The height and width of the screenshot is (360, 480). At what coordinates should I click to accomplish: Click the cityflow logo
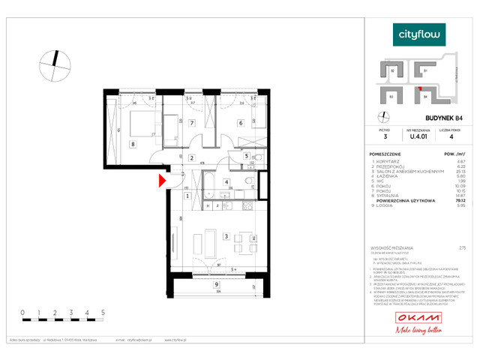tap(419, 34)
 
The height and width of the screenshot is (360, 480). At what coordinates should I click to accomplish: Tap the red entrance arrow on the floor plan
tap(161, 180)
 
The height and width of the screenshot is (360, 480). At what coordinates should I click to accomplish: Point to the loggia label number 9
tap(216, 284)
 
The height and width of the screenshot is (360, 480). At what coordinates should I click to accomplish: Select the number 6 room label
tap(241, 123)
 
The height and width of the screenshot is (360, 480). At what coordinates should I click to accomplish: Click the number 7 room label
tap(192, 123)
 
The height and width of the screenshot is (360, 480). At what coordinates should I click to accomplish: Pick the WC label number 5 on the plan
tap(247, 156)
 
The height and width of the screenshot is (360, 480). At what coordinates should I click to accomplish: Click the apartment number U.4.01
tap(417, 136)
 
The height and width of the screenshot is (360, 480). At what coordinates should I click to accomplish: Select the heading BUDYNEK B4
tap(428, 118)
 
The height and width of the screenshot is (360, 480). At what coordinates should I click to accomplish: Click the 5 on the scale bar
tap(102, 310)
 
